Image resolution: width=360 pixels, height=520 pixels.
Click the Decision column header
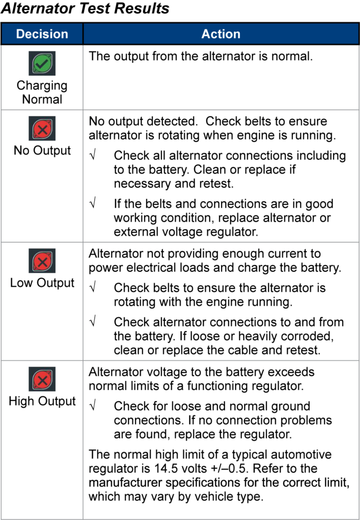pos(42,34)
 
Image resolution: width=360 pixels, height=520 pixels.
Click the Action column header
pos(221,34)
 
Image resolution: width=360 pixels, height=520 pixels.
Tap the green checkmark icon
pos(42,64)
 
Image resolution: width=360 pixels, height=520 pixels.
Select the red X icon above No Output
pos(42,129)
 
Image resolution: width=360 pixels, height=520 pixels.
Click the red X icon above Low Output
pos(42,262)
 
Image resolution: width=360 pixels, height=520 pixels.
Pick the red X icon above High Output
pos(42,379)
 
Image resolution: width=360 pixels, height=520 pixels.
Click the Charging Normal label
pos(42,92)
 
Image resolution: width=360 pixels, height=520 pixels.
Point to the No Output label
pos(42,151)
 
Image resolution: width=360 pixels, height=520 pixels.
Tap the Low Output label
pos(42,283)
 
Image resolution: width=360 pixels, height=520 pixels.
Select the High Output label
pos(42,401)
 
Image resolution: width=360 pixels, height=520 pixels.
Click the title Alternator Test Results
pos(85,9)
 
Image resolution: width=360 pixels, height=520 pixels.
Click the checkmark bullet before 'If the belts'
pos(93,204)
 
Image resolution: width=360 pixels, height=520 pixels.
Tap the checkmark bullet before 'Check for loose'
pos(93,406)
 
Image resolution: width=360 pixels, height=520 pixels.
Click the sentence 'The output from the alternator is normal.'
pos(201,56)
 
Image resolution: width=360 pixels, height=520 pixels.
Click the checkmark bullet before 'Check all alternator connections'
pos(93,155)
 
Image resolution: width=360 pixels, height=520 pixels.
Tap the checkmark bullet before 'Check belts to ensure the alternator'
pos(93,288)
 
